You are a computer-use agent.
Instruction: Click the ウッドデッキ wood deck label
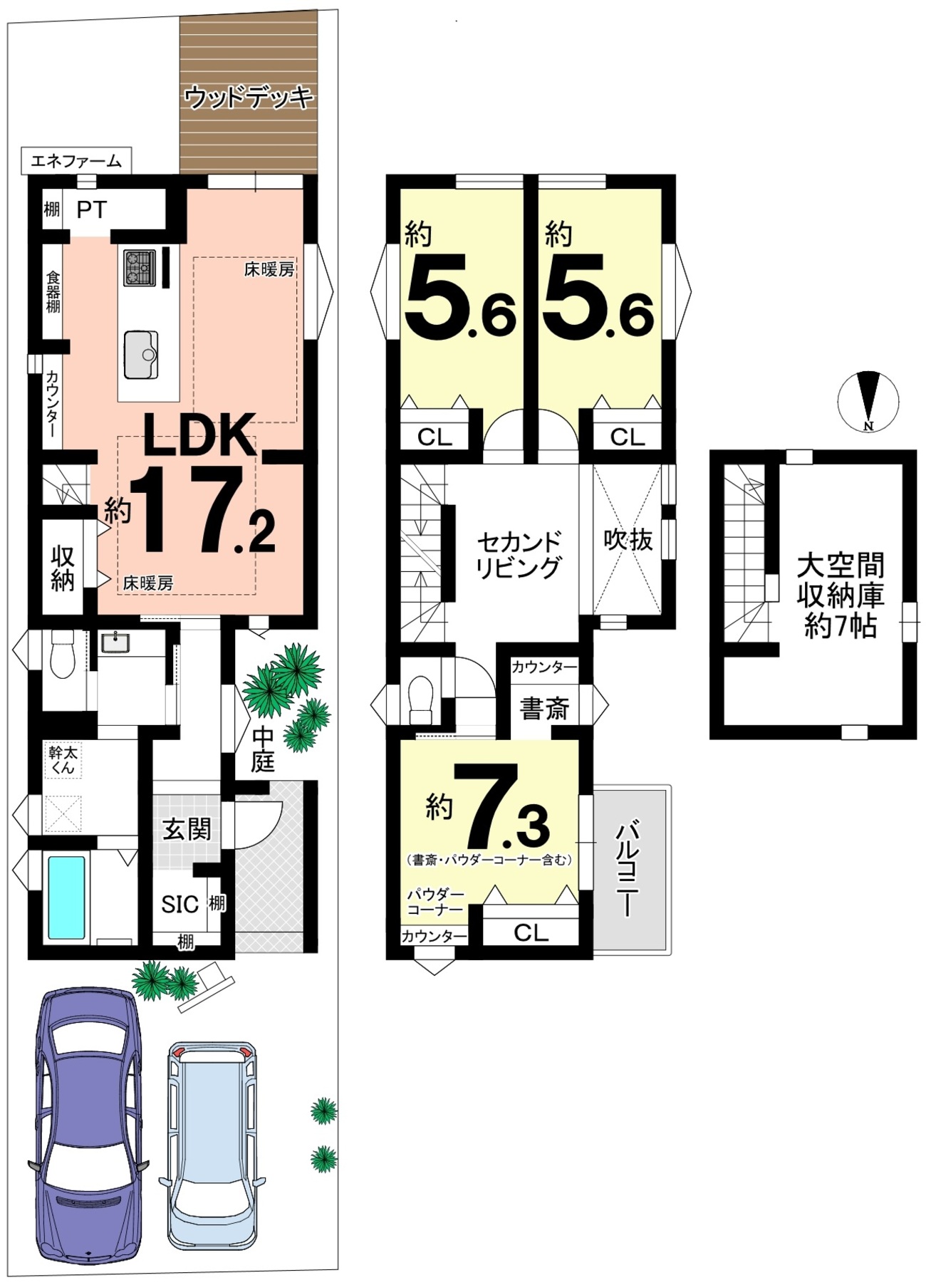tap(249, 96)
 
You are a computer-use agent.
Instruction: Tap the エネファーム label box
tap(76, 161)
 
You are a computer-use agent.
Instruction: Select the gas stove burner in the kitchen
tap(140, 268)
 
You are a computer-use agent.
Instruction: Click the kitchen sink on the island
tap(141, 354)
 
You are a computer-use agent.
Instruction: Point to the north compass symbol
tap(868, 402)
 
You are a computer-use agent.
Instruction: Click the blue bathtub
tap(67, 897)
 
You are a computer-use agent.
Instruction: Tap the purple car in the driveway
tap(88, 1125)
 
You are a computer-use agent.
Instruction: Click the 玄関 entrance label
tap(187, 829)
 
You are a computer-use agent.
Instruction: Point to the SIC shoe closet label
tap(180, 904)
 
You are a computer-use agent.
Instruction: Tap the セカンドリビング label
tap(519, 555)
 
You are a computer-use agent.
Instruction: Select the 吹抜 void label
tap(628, 539)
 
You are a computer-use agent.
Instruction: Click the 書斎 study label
tap(545, 708)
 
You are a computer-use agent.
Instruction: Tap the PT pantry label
tap(92, 209)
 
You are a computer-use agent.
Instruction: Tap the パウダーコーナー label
tap(435, 902)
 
